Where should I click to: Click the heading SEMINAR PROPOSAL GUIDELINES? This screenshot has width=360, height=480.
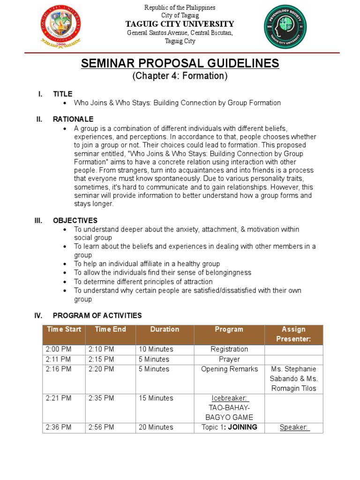point(180,63)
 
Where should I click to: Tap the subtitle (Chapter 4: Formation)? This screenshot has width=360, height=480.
point(180,76)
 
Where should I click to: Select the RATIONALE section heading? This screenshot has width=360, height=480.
point(73,119)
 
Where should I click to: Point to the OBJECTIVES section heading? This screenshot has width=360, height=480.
point(75,220)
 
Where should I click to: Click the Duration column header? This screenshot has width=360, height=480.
point(165,330)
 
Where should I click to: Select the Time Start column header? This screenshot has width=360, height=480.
point(64,330)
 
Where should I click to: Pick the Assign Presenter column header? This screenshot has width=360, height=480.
point(293,334)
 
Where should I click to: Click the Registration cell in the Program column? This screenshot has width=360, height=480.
point(229,349)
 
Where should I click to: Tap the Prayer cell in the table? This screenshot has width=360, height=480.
point(229,359)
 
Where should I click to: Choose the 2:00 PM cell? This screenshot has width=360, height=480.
point(59,349)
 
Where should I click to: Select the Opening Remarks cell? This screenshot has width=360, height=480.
point(229,369)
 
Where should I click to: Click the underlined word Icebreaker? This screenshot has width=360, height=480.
point(229,398)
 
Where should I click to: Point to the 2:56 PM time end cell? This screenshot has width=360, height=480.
point(101,427)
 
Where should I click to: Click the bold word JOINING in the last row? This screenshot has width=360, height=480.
point(240,427)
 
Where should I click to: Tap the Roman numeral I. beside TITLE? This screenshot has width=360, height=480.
point(40,94)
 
